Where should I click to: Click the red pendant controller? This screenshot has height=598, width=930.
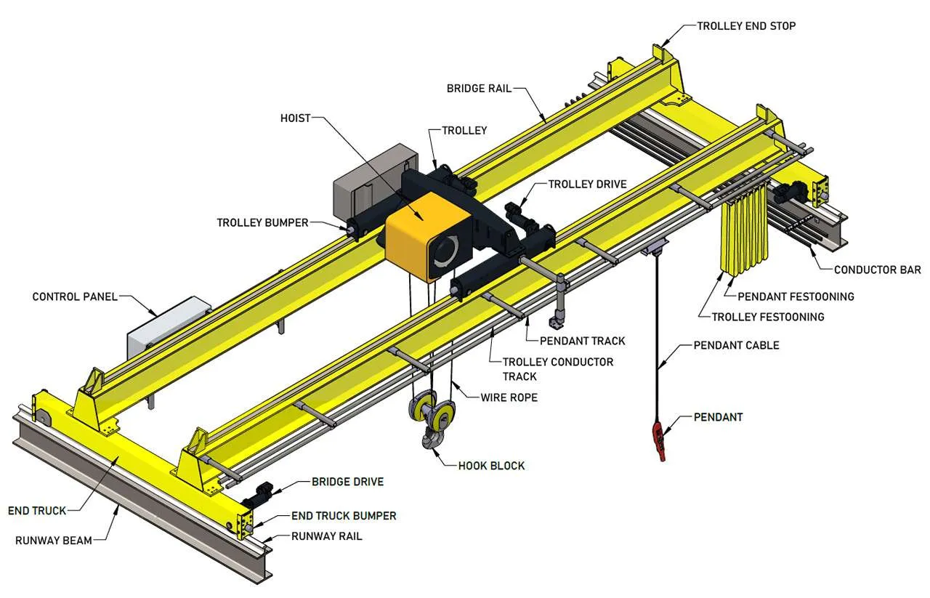pyautogui.click(x=660, y=440)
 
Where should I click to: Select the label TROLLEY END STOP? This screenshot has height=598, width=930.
pyautogui.click(x=746, y=26)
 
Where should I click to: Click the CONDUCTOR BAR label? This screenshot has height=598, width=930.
pyautogui.click(x=877, y=270)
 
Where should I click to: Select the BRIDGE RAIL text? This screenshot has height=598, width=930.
pyautogui.click(x=479, y=89)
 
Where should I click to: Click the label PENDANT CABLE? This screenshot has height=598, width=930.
pyautogui.click(x=736, y=345)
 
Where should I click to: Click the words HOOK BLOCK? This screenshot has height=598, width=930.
pyautogui.click(x=491, y=465)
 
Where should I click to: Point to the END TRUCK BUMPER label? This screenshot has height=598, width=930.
pyautogui.click(x=344, y=516)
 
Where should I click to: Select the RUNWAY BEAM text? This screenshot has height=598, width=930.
pyautogui.click(x=54, y=540)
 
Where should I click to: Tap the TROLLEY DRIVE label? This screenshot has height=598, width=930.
pyautogui.click(x=587, y=185)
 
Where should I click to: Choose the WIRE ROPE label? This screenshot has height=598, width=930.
pyautogui.click(x=509, y=397)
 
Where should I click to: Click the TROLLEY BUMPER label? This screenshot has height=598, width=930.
pyautogui.click(x=262, y=222)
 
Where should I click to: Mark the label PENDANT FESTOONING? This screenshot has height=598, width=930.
pyautogui.click(x=796, y=296)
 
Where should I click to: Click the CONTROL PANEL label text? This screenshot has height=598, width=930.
pyautogui.click(x=75, y=296)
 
